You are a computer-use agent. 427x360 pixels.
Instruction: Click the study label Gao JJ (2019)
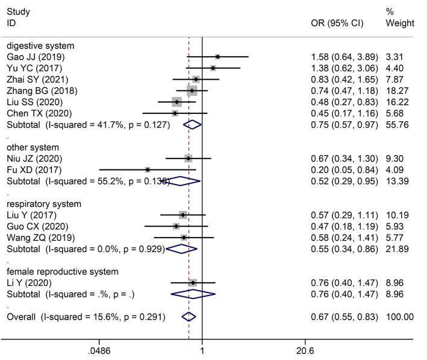[34, 57]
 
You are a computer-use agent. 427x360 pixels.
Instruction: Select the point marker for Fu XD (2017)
[148, 169]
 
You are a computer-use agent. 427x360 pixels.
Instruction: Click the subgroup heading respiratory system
[43, 203]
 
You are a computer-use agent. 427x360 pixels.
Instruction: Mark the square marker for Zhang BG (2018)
[192, 91]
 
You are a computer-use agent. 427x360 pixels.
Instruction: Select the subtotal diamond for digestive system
[192, 125]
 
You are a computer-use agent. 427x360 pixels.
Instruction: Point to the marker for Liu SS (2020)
[177, 102]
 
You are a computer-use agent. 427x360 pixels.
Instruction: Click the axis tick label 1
[201, 350]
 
